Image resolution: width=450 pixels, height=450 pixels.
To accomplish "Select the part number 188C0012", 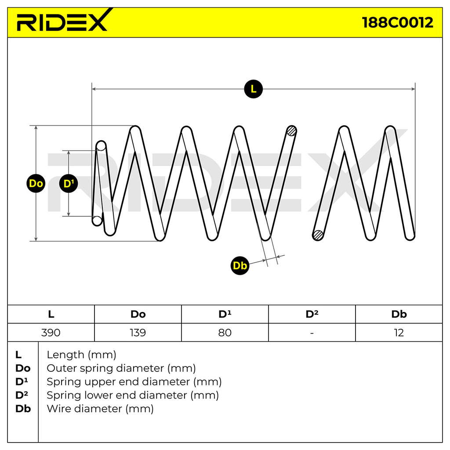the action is click(397, 22).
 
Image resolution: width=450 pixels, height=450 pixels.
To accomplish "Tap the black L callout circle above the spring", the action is click(254, 89).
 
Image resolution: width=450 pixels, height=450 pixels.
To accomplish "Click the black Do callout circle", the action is click(36, 183).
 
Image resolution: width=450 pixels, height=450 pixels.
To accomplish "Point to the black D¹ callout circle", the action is click(69, 183).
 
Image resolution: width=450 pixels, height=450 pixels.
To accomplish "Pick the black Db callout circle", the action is click(240, 265).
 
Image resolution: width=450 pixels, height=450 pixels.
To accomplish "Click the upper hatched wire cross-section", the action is click(292, 131).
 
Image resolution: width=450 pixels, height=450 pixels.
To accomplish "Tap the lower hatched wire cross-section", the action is click(318, 235).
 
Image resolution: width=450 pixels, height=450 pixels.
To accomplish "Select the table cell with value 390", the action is click(51, 333).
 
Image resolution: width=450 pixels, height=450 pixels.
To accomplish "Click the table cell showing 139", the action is click(138, 333).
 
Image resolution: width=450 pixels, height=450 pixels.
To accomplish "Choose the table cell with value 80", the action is click(225, 333).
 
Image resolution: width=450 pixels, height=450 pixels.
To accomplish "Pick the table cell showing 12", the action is click(399, 333).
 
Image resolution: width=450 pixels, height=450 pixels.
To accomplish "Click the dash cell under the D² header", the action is click(312, 333).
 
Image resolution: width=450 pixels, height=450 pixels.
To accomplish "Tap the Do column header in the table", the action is click(138, 314).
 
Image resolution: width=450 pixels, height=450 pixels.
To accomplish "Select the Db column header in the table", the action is click(399, 314).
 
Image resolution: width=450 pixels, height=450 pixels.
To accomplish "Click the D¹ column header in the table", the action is click(225, 314).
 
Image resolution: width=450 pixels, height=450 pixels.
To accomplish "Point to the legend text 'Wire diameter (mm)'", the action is click(100, 409).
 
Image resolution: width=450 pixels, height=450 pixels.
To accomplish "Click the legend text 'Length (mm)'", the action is click(81, 355).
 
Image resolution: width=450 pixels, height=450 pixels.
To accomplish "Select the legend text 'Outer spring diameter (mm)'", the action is click(121, 368).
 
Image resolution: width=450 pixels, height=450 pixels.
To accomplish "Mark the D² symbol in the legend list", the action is click(22, 395).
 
